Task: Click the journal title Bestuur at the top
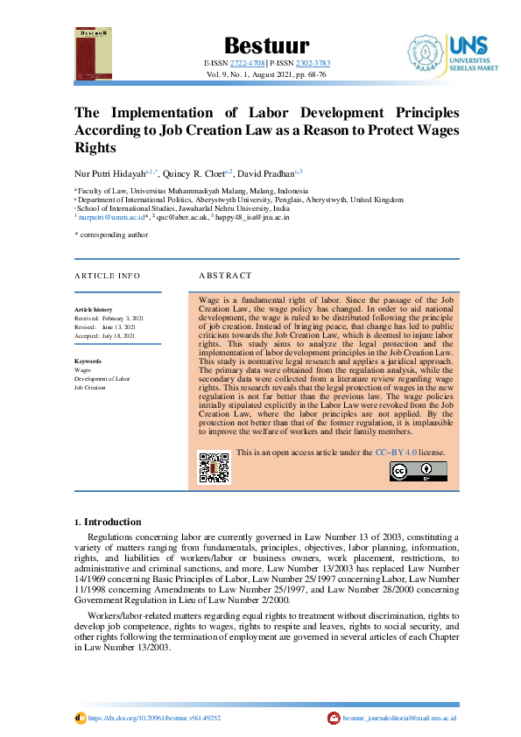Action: (x=260, y=46)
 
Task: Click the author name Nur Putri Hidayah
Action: (x=108, y=172)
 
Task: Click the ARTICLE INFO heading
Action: (x=107, y=276)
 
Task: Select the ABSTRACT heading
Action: (x=225, y=276)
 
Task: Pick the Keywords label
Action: (x=88, y=361)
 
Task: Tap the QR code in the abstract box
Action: (x=214, y=468)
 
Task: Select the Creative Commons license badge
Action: (x=418, y=471)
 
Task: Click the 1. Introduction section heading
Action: (x=105, y=522)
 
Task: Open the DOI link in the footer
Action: (x=153, y=718)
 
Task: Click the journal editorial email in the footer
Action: (x=399, y=718)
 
